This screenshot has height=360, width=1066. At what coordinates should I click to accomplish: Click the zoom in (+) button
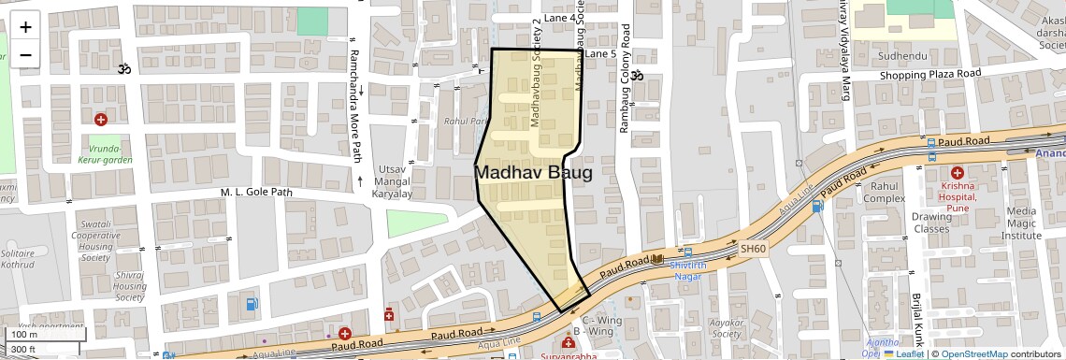click(25, 27)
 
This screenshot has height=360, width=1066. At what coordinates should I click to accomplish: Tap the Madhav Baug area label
click(533, 173)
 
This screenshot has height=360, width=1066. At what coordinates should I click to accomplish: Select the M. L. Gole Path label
click(256, 193)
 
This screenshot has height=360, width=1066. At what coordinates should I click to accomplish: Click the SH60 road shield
click(753, 250)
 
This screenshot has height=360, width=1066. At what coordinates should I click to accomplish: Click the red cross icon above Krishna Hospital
click(957, 173)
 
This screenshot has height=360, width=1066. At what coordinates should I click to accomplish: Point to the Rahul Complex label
click(884, 192)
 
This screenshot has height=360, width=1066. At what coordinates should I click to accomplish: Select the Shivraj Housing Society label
click(129, 286)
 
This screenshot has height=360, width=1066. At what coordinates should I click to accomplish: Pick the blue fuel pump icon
click(251, 304)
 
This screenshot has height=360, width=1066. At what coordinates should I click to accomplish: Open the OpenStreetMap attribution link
click(974, 353)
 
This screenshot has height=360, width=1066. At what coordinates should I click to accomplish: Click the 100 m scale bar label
click(23, 334)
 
